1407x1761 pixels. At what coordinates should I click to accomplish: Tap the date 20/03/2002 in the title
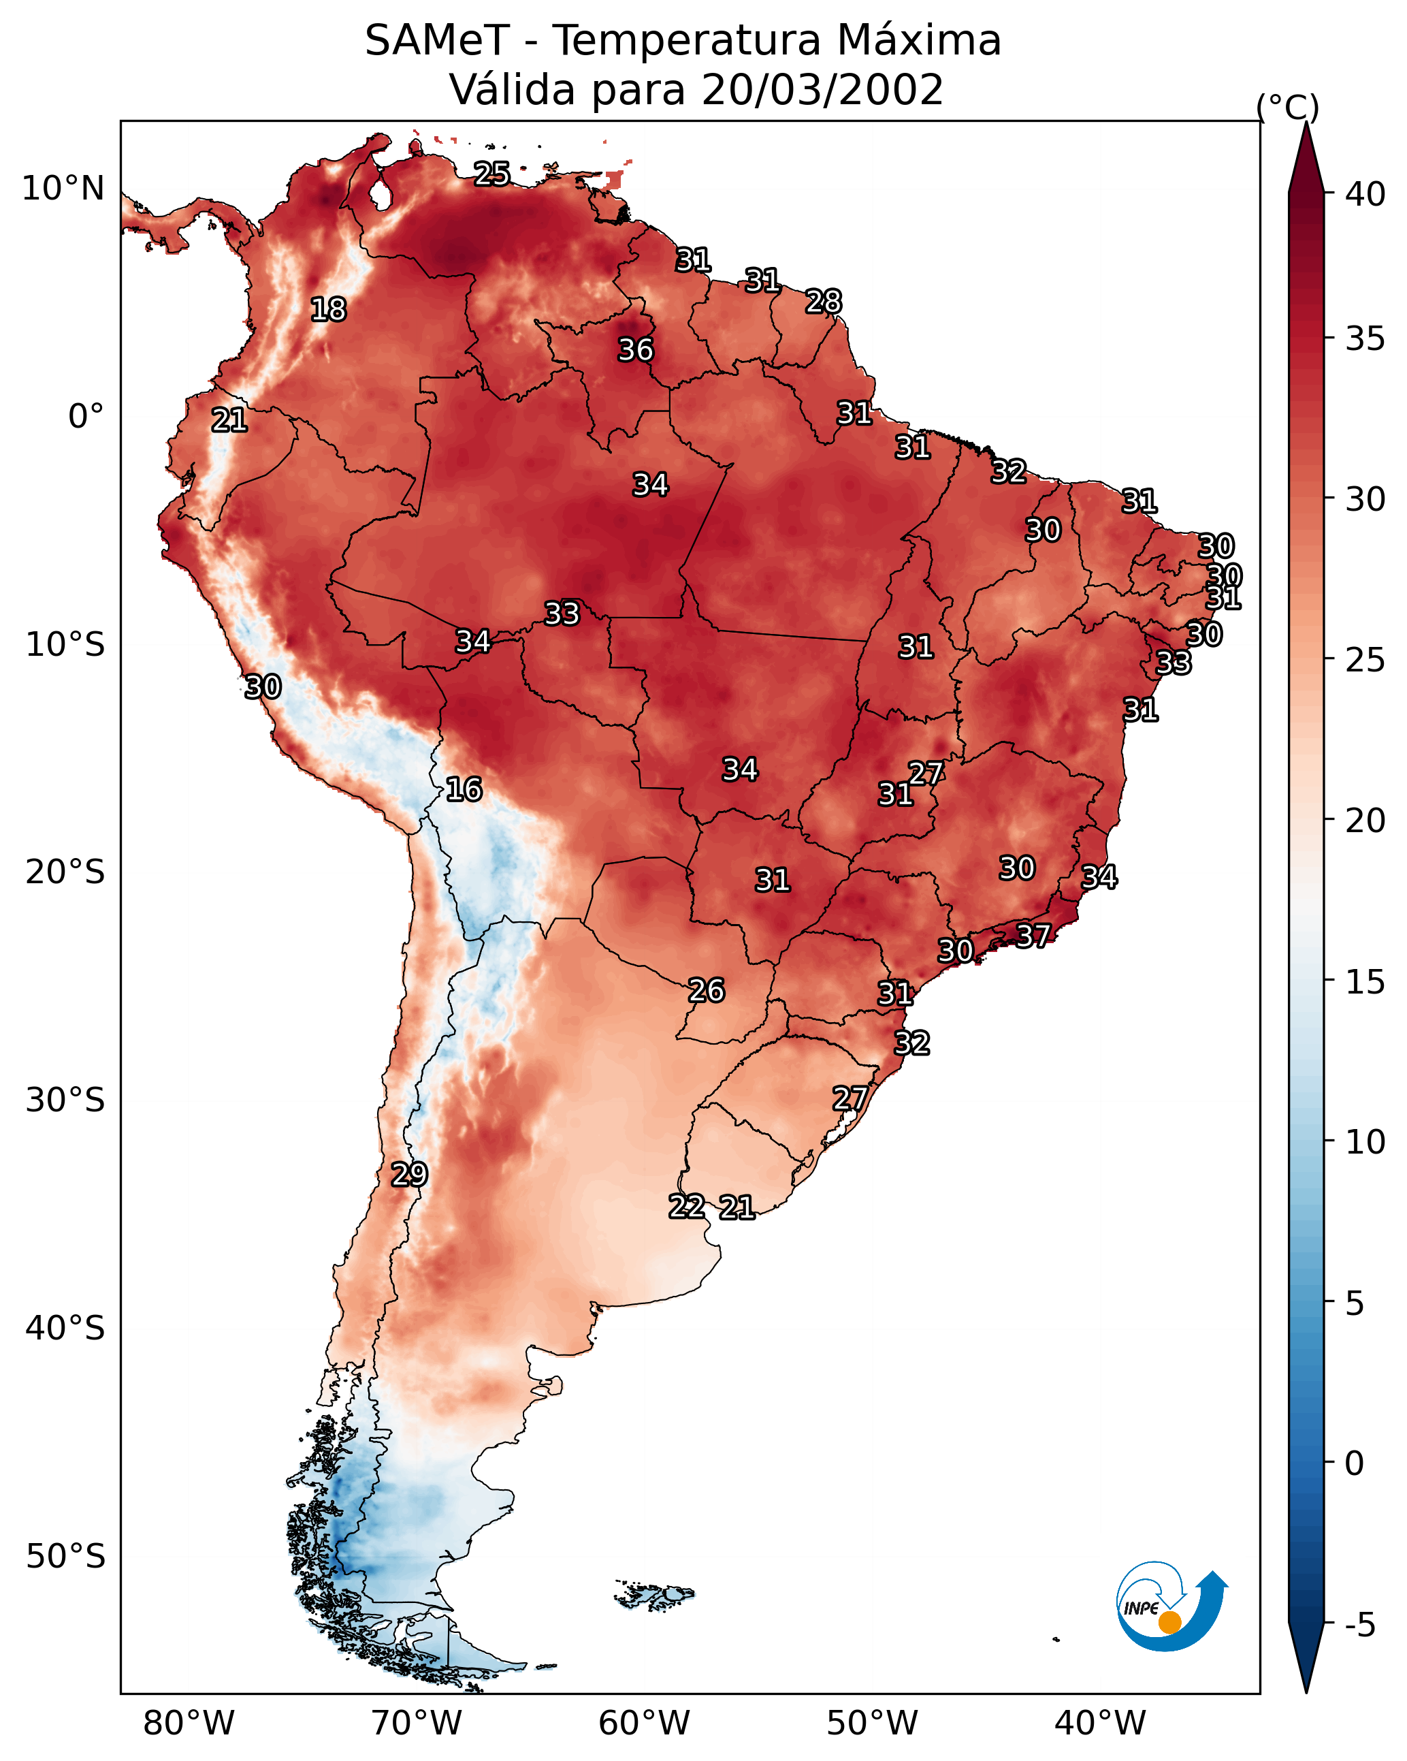(822, 90)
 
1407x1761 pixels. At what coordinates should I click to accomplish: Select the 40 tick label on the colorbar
(1365, 194)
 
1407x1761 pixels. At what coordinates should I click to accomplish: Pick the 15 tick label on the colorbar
(1365, 982)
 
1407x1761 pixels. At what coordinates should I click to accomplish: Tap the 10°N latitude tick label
(63, 189)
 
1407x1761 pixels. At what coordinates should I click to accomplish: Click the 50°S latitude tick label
(65, 1557)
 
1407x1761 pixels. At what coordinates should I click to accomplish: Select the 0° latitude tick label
(86, 417)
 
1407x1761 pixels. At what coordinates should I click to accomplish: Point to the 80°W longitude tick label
(189, 1724)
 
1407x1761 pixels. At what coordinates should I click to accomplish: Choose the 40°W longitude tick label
(1100, 1724)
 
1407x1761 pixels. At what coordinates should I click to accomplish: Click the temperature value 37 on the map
(1033, 935)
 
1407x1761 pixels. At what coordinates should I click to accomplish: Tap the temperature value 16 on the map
(464, 789)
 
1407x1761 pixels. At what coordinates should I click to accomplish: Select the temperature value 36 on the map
(635, 349)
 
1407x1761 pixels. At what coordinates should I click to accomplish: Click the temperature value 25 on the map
(492, 174)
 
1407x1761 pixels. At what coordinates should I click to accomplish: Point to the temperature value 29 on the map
(409, 1175)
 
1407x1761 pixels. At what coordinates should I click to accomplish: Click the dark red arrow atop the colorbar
(1306, 157)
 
